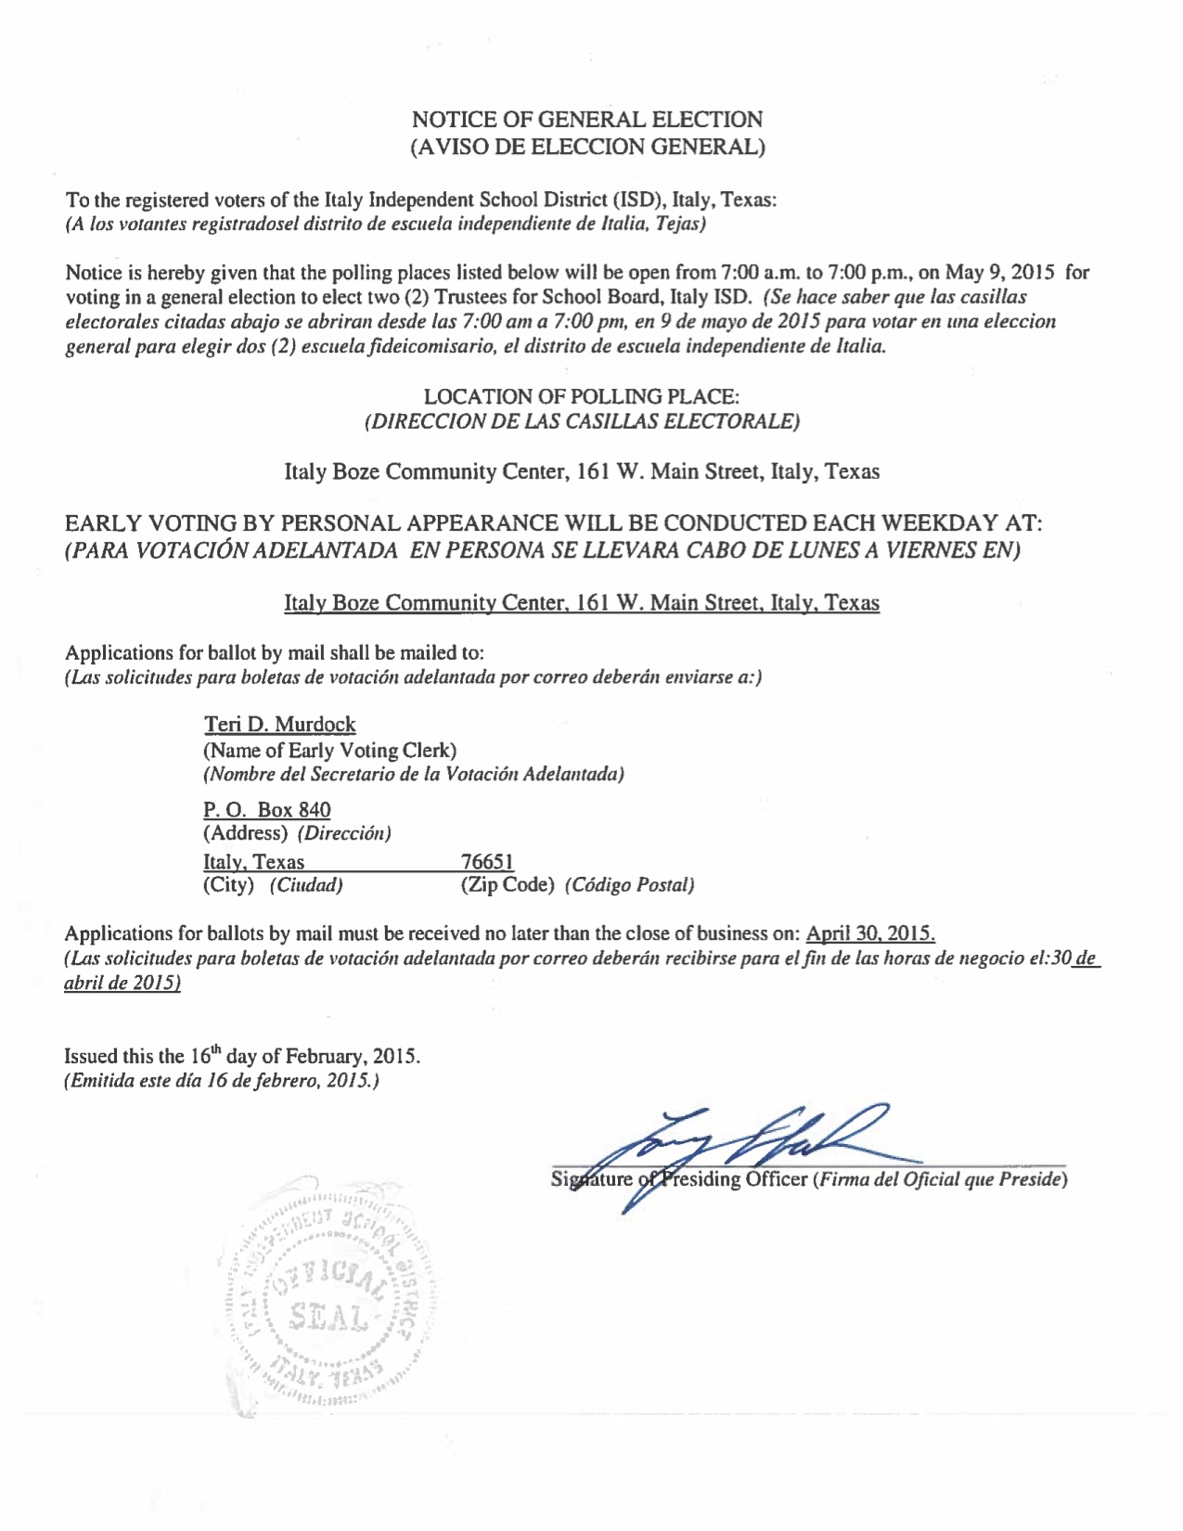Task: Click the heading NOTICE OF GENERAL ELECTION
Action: click(x=586, y=120)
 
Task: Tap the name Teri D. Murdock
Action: click(x=279, y=725)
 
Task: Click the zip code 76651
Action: click(x=487, y=862)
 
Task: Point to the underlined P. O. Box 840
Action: click(x=266, y=810)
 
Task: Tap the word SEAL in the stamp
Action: click(x=327, y=1316)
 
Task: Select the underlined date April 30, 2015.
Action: click(x=869, y=933)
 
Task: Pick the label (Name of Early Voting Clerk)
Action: click(x=329, y=750)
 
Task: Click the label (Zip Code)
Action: click(x=508, y=885)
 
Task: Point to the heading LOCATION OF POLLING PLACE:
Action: click(x=581, y=397)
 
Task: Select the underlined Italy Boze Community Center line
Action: click(x=581, y=603)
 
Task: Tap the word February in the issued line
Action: click(x=325, y=1057)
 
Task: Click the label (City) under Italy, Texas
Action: click(x=228, y=885)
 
